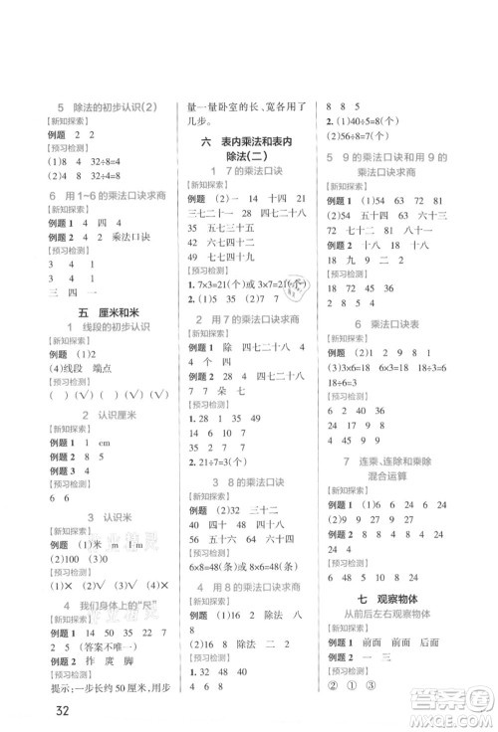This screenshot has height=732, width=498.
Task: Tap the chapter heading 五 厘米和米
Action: pos(91,314)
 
